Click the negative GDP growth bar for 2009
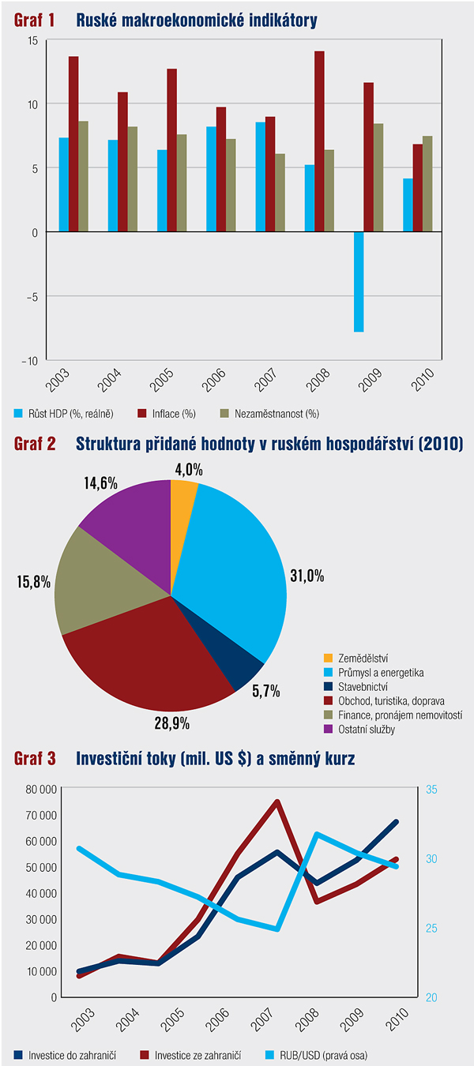tap(358, 281)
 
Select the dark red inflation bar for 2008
tap(319, 141)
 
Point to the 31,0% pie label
tap(306, 576)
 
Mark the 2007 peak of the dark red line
tap(277, 802)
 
